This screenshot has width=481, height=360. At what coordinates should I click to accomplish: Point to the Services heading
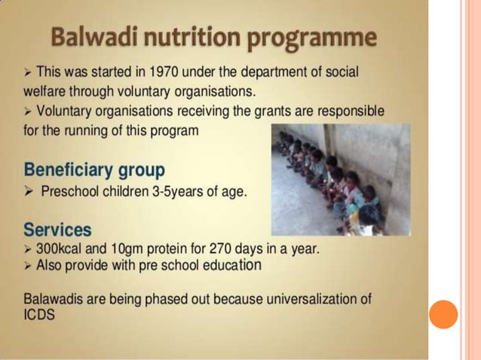[x=57, y=228]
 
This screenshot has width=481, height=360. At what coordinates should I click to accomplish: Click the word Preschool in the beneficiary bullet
[x=68, y=192]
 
